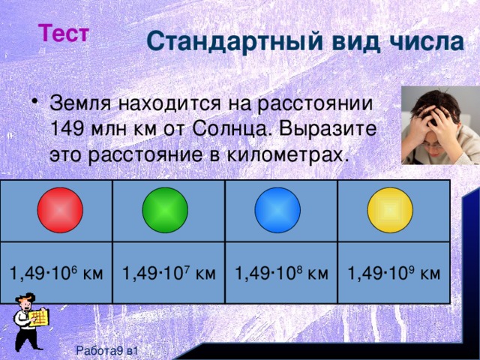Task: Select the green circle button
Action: coord(165,209)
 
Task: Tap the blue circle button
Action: coord(277,209)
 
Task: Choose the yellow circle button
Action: coord(391,209)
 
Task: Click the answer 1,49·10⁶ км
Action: coord(55,271)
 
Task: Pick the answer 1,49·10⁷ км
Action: coord(169,271)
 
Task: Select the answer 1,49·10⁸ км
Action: coord(281,271)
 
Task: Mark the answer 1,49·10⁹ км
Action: coord(394,271)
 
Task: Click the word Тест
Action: coord(64,34)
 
